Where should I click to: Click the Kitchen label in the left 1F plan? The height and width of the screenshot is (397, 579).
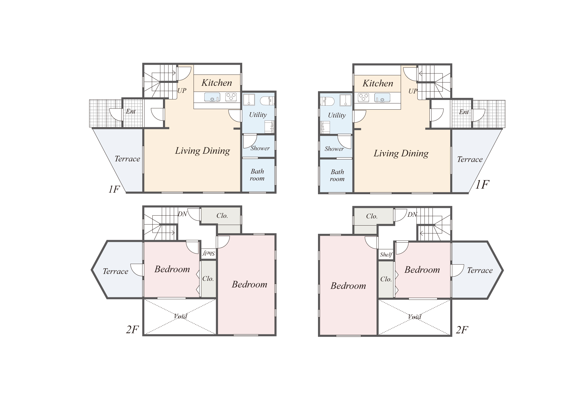217,83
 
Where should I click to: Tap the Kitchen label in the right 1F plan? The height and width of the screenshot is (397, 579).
378,83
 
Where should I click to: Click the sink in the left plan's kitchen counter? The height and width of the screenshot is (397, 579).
212,97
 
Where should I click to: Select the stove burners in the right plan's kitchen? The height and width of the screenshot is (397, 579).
363,97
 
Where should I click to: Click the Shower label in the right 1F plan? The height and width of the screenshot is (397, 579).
334,149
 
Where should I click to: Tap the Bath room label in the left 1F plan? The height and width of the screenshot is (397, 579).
257,175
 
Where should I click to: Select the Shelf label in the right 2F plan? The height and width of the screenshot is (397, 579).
386,254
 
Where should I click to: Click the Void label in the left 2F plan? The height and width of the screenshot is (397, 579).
180,316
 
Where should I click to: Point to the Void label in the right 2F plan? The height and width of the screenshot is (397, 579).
414,317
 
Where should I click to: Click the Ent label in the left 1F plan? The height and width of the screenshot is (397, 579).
131,111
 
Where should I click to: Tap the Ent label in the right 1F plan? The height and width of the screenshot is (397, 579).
464,112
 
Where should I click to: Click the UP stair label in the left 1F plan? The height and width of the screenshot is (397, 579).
182,91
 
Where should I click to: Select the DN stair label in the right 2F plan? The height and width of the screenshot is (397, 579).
412,214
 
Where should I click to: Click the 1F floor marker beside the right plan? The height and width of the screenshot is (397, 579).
482,185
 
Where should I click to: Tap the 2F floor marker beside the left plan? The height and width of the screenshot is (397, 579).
132,330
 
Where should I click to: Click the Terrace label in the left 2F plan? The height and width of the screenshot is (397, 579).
115,271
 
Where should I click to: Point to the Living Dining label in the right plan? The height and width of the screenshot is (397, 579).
401,154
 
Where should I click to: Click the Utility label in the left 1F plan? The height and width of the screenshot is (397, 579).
258,115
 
